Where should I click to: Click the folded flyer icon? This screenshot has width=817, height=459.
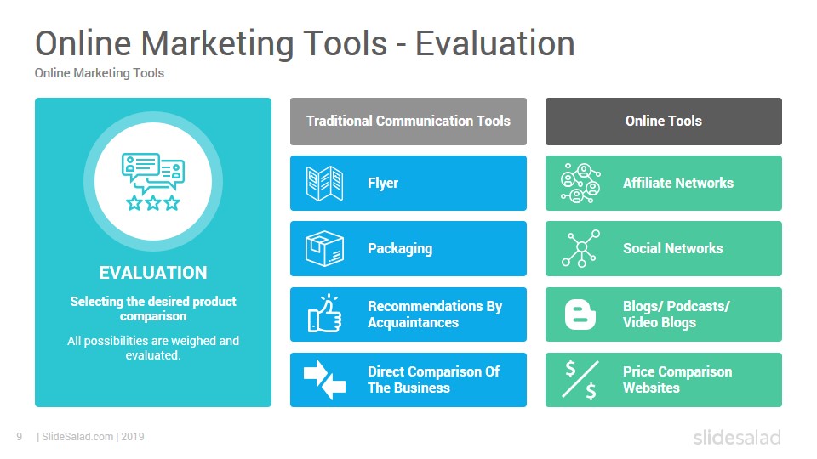pyautogui.click(x=324, y=184)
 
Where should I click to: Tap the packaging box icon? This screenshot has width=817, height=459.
pyautogui.click(x=324, y=249)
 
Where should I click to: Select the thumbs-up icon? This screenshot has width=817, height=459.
pyautogui.click(x=324, y=314)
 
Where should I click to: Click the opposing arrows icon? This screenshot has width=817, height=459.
pyautogui.click(x=324, y=380)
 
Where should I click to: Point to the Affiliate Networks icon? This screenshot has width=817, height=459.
pyautogui.click(x=580, y=184)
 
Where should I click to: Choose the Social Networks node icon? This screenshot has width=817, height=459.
pyautogui.click(x=580, y=249)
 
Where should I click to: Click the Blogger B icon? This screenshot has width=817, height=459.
pyautogui.click(x=580, y=314)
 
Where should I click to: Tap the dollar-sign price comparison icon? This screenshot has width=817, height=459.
pyautogui.click(x=580, y=380)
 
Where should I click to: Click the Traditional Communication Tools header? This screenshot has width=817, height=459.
pyautogui.click(x=408, y=122)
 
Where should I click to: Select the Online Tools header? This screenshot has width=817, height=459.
pyautogui.click(x=664, y=122)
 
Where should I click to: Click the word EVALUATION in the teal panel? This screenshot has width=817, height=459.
pyautogui.click(x=153, y=273)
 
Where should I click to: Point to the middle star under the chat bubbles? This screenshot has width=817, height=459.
pyautogui.click(x=153, y=202)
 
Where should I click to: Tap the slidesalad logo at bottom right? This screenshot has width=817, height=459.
pyautogui.click(x=737, y=437)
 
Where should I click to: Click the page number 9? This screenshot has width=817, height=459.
pyautogui.click(x=20, y=437)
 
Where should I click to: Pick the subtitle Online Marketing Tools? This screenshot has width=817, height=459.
pyautogui.click(x=100, y=73)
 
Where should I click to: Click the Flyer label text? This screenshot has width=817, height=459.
pyautogui.click(x=383, y=184)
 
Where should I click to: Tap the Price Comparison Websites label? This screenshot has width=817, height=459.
pyautogui.click(x=677, y=380)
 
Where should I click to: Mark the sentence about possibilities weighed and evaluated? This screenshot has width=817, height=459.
pyautogui.click(x=153, y=348)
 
